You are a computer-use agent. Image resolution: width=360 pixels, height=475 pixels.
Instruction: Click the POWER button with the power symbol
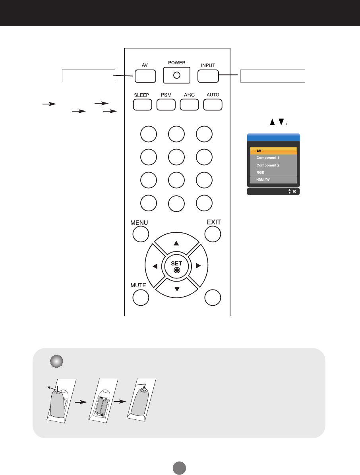click(x=177, y=75)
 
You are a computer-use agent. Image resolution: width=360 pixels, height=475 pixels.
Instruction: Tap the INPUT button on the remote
click(x=208, y=76)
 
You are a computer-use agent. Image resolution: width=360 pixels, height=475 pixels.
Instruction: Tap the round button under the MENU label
click(x=140, y=234)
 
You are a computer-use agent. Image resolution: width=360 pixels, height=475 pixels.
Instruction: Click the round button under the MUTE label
click(x=140, y=298)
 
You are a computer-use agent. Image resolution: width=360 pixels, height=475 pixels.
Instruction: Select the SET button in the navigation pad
click(x=177, y=266)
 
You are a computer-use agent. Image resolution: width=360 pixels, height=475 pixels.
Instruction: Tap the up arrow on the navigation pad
click(x=177, y=243)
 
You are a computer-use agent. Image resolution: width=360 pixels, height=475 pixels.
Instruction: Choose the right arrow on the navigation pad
click(x=198, y=265)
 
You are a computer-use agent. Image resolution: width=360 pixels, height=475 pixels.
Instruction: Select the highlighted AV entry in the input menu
click(x=273, y=151)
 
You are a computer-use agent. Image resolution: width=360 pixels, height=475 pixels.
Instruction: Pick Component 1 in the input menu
click(x=273, y=158)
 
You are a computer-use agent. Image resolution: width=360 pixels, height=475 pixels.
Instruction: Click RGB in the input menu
click(x=273, y=172)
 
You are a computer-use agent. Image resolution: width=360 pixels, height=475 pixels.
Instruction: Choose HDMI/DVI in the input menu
click(x=273, y=180)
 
